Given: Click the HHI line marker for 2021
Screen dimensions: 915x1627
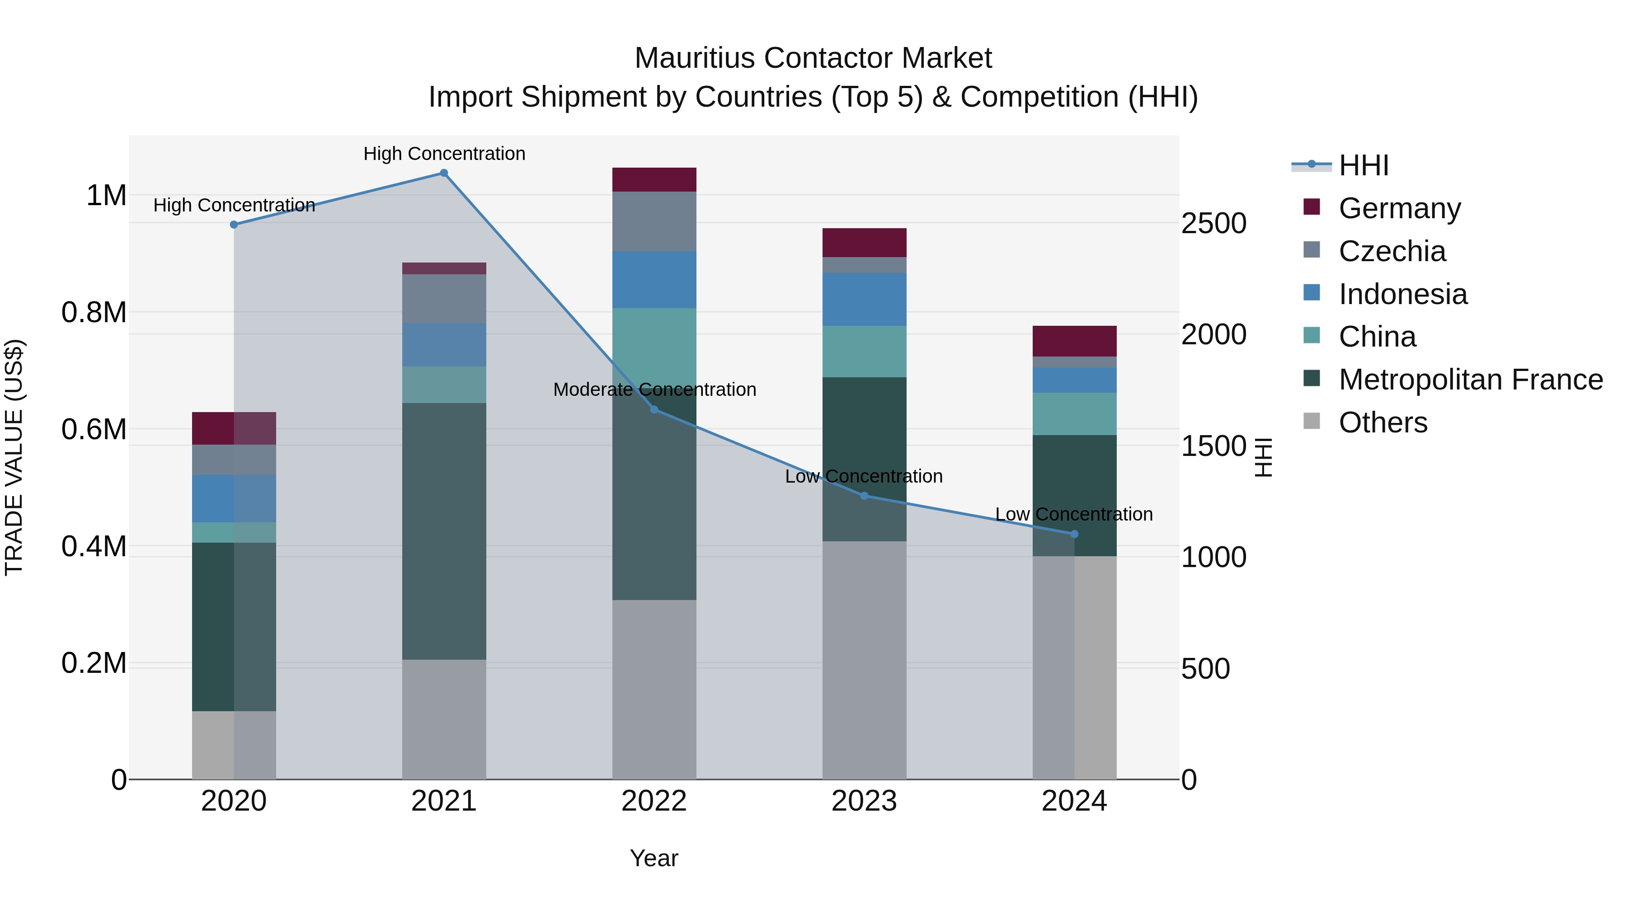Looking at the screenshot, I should click(443, 173).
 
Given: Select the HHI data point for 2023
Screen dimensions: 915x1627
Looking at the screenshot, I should click(864, 496).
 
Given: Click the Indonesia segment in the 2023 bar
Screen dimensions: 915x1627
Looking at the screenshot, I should click(864, 299).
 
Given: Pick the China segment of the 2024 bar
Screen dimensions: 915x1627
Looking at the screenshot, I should click(1074, 413).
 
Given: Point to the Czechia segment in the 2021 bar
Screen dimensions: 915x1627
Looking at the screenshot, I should click(443, 299).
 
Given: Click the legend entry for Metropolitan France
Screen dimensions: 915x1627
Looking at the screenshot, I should click(1470, 380).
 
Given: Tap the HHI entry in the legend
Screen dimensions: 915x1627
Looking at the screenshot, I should click(1363, 165).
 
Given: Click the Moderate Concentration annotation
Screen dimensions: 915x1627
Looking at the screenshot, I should click(654, 389).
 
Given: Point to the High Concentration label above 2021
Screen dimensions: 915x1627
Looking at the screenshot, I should click(444, 154).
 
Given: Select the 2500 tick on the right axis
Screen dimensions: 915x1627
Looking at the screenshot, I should click(1213, 224).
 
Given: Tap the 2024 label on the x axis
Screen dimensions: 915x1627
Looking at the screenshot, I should click(1074, 801).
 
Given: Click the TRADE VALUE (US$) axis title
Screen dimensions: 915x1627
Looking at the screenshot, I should click(14, 457).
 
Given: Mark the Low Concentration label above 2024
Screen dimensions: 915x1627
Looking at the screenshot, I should click(1074, 514).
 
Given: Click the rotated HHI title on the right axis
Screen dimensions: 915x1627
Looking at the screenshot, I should click(1263, 457).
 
